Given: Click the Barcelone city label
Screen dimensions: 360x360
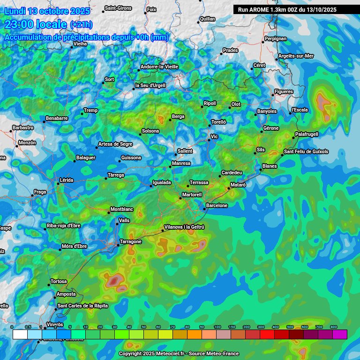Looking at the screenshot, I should [217, 205].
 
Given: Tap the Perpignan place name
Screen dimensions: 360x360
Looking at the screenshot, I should [275, 38].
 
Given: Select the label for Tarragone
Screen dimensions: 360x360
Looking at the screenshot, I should [131, 241].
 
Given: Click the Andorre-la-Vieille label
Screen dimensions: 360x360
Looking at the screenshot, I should [159, 67].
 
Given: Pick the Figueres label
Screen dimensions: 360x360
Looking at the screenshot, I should [284, 91].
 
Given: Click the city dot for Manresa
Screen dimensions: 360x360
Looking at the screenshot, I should [170, 167].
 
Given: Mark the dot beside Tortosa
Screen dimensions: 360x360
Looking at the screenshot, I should [49, 285].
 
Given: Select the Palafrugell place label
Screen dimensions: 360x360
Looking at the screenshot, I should [307, 134].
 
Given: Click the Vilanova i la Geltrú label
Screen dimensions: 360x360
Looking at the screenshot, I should [184, 227].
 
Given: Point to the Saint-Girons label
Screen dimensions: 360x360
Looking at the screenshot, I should [118, 8].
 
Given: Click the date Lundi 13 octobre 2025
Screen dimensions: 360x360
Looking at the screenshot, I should [47, 10].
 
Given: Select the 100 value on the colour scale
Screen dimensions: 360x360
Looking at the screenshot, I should [217, 327].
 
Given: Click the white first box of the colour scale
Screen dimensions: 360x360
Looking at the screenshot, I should [20, 334].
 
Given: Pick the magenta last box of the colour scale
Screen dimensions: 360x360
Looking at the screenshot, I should [340, 334].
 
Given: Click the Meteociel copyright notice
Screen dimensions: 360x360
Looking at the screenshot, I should [179, 353].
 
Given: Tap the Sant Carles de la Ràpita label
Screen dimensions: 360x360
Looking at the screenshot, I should [82, 306].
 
